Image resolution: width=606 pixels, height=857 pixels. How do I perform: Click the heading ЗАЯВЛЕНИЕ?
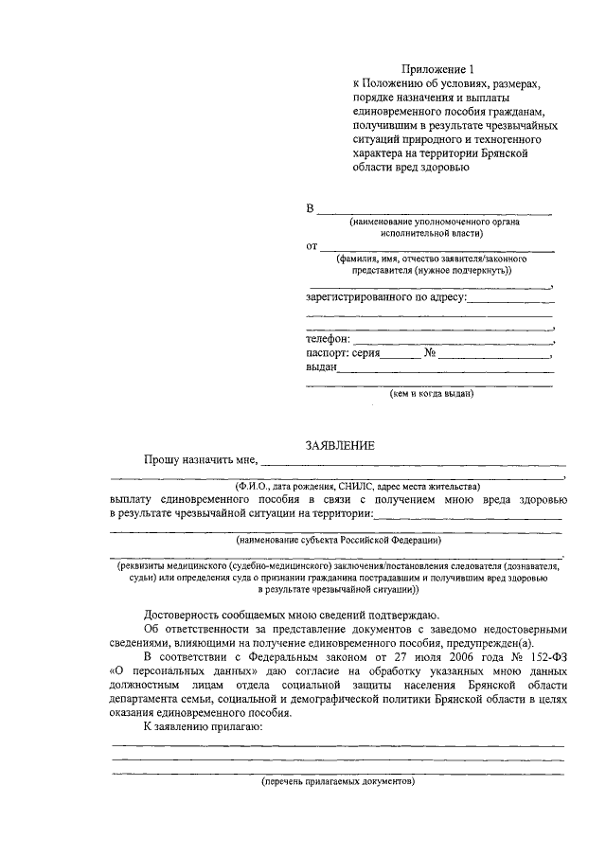click(339, 445)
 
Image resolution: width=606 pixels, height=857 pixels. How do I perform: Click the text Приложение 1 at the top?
click(435, 69)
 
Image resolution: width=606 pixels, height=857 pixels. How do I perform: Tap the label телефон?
click(328, 338)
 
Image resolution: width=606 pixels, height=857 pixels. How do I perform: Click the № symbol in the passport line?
click(429, 353)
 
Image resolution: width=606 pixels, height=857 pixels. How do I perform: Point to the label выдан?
click(321, 367)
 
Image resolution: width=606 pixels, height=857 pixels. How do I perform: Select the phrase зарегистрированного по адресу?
click(386, 297)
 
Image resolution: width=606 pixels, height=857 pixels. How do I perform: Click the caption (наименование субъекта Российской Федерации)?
click(338, 540)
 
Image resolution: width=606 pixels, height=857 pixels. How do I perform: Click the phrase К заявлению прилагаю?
click(204, 726)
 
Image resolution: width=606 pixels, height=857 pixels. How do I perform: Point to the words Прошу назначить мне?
click(201, 460)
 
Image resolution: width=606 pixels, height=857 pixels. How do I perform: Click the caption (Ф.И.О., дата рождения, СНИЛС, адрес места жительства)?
click(338, 486)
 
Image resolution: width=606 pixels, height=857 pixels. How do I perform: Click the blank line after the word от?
click(437, 248)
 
